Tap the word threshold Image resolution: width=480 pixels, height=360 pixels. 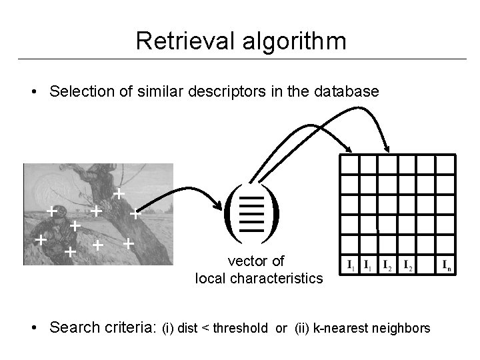pos(240,328)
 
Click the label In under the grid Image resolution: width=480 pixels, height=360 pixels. pos(446,266)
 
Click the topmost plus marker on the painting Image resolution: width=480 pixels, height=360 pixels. pos(118,194)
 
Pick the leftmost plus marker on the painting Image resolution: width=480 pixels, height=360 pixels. pos(41,238)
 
